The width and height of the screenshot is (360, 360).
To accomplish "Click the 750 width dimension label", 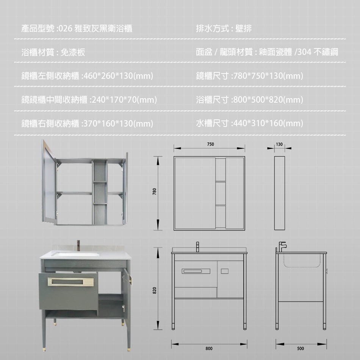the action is (210, 144).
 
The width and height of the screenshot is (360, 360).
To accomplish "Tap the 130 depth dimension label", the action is (279, 144).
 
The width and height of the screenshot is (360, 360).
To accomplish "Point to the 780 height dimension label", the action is (154, 191).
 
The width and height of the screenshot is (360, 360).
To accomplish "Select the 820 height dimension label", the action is (154, 290).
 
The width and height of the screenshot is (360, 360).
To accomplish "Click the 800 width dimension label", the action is (209, 349).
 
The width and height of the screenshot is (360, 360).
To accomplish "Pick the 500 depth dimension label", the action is (301, 349).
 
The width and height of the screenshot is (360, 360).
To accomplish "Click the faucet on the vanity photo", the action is (78, 246).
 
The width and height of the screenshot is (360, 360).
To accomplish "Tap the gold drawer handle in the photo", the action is (71, 282).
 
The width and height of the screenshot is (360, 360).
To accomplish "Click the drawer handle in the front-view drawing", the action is (196, 271).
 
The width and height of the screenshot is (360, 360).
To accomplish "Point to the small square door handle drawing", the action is (225, 271).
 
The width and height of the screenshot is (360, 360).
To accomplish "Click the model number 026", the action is (66, 29).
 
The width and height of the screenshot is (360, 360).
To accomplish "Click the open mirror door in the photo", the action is (49, 182).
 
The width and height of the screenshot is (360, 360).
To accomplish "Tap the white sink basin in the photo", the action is (76, 254).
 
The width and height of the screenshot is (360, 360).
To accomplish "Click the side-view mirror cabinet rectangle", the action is (280, 193).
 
